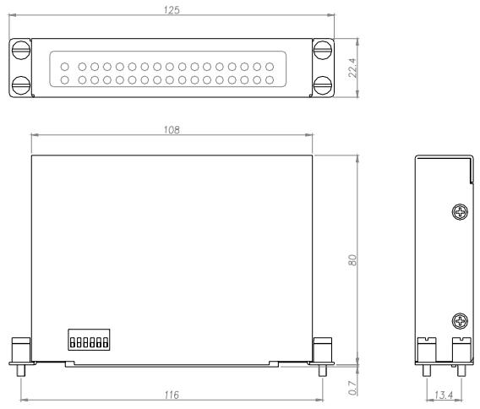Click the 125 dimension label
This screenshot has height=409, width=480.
172,10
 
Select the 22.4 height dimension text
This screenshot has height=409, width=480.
352,68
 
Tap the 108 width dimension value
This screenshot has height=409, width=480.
172,130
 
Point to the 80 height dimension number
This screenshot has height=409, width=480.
352,260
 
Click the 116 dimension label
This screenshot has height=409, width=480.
172,395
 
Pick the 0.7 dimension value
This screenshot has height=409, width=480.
352,388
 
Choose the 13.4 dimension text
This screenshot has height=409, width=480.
444,395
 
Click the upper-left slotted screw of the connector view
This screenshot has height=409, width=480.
21,49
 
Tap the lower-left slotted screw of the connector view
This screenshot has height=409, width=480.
21,85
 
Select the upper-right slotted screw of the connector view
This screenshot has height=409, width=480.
323,49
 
